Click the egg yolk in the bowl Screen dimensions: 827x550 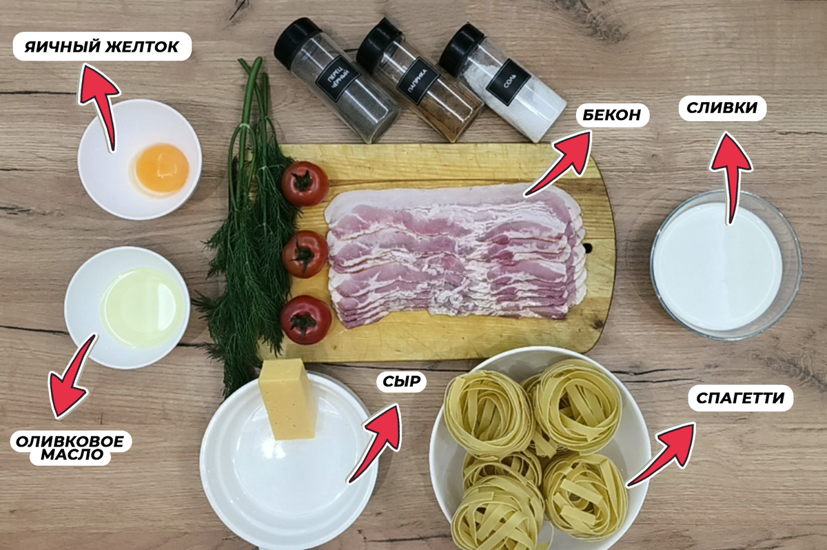pyautogui.click(x=162, y=168)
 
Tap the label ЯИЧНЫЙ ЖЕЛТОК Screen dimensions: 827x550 pyautogui.click(x=102, y=47)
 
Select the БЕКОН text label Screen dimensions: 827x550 pyautogui.click(x=612, y=115)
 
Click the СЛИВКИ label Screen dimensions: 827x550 pyautogui.click(x=722, y=108)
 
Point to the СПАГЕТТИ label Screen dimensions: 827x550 pyautogui.click(x=740, y=398)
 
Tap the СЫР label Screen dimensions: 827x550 pyautogui.click(x=401, y=381)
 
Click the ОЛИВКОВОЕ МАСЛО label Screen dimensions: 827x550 pyautogui.click(x=70, y=447)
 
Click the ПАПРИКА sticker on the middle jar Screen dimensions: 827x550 pyautogui.click(x=418, y=85)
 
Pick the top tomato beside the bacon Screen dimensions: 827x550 pyautogui.click(x=305, y=183)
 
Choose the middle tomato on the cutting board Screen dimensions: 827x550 pyautogui.click(x=305, y=254)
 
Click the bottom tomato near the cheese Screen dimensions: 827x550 pyautogui.click(x=306, y=320)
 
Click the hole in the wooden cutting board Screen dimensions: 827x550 pyautogui.click(x=586, y=247)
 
